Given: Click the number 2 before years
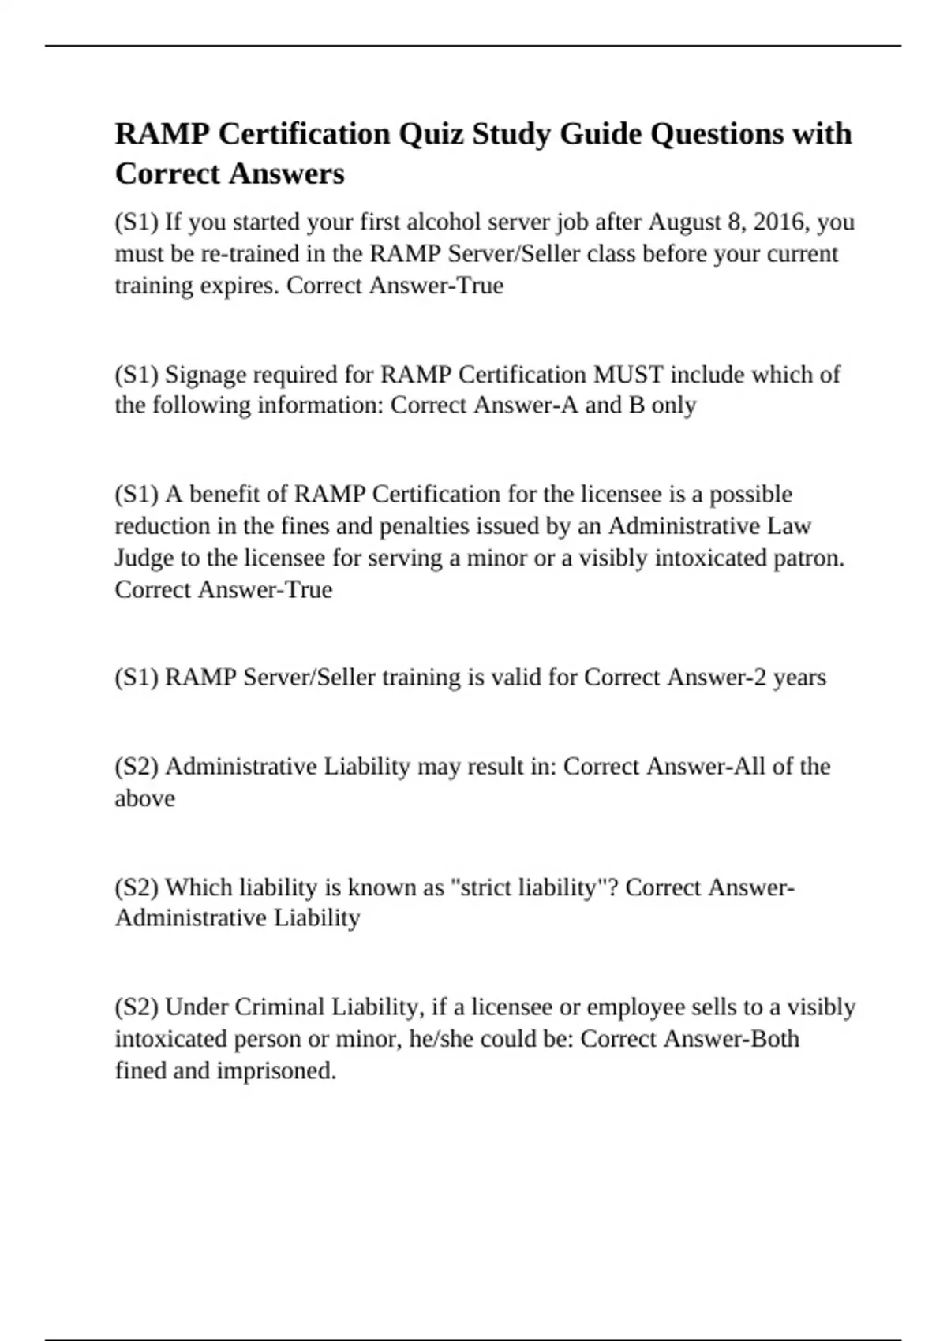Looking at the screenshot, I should pos(759,678).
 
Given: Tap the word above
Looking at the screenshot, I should pos(144,798).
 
